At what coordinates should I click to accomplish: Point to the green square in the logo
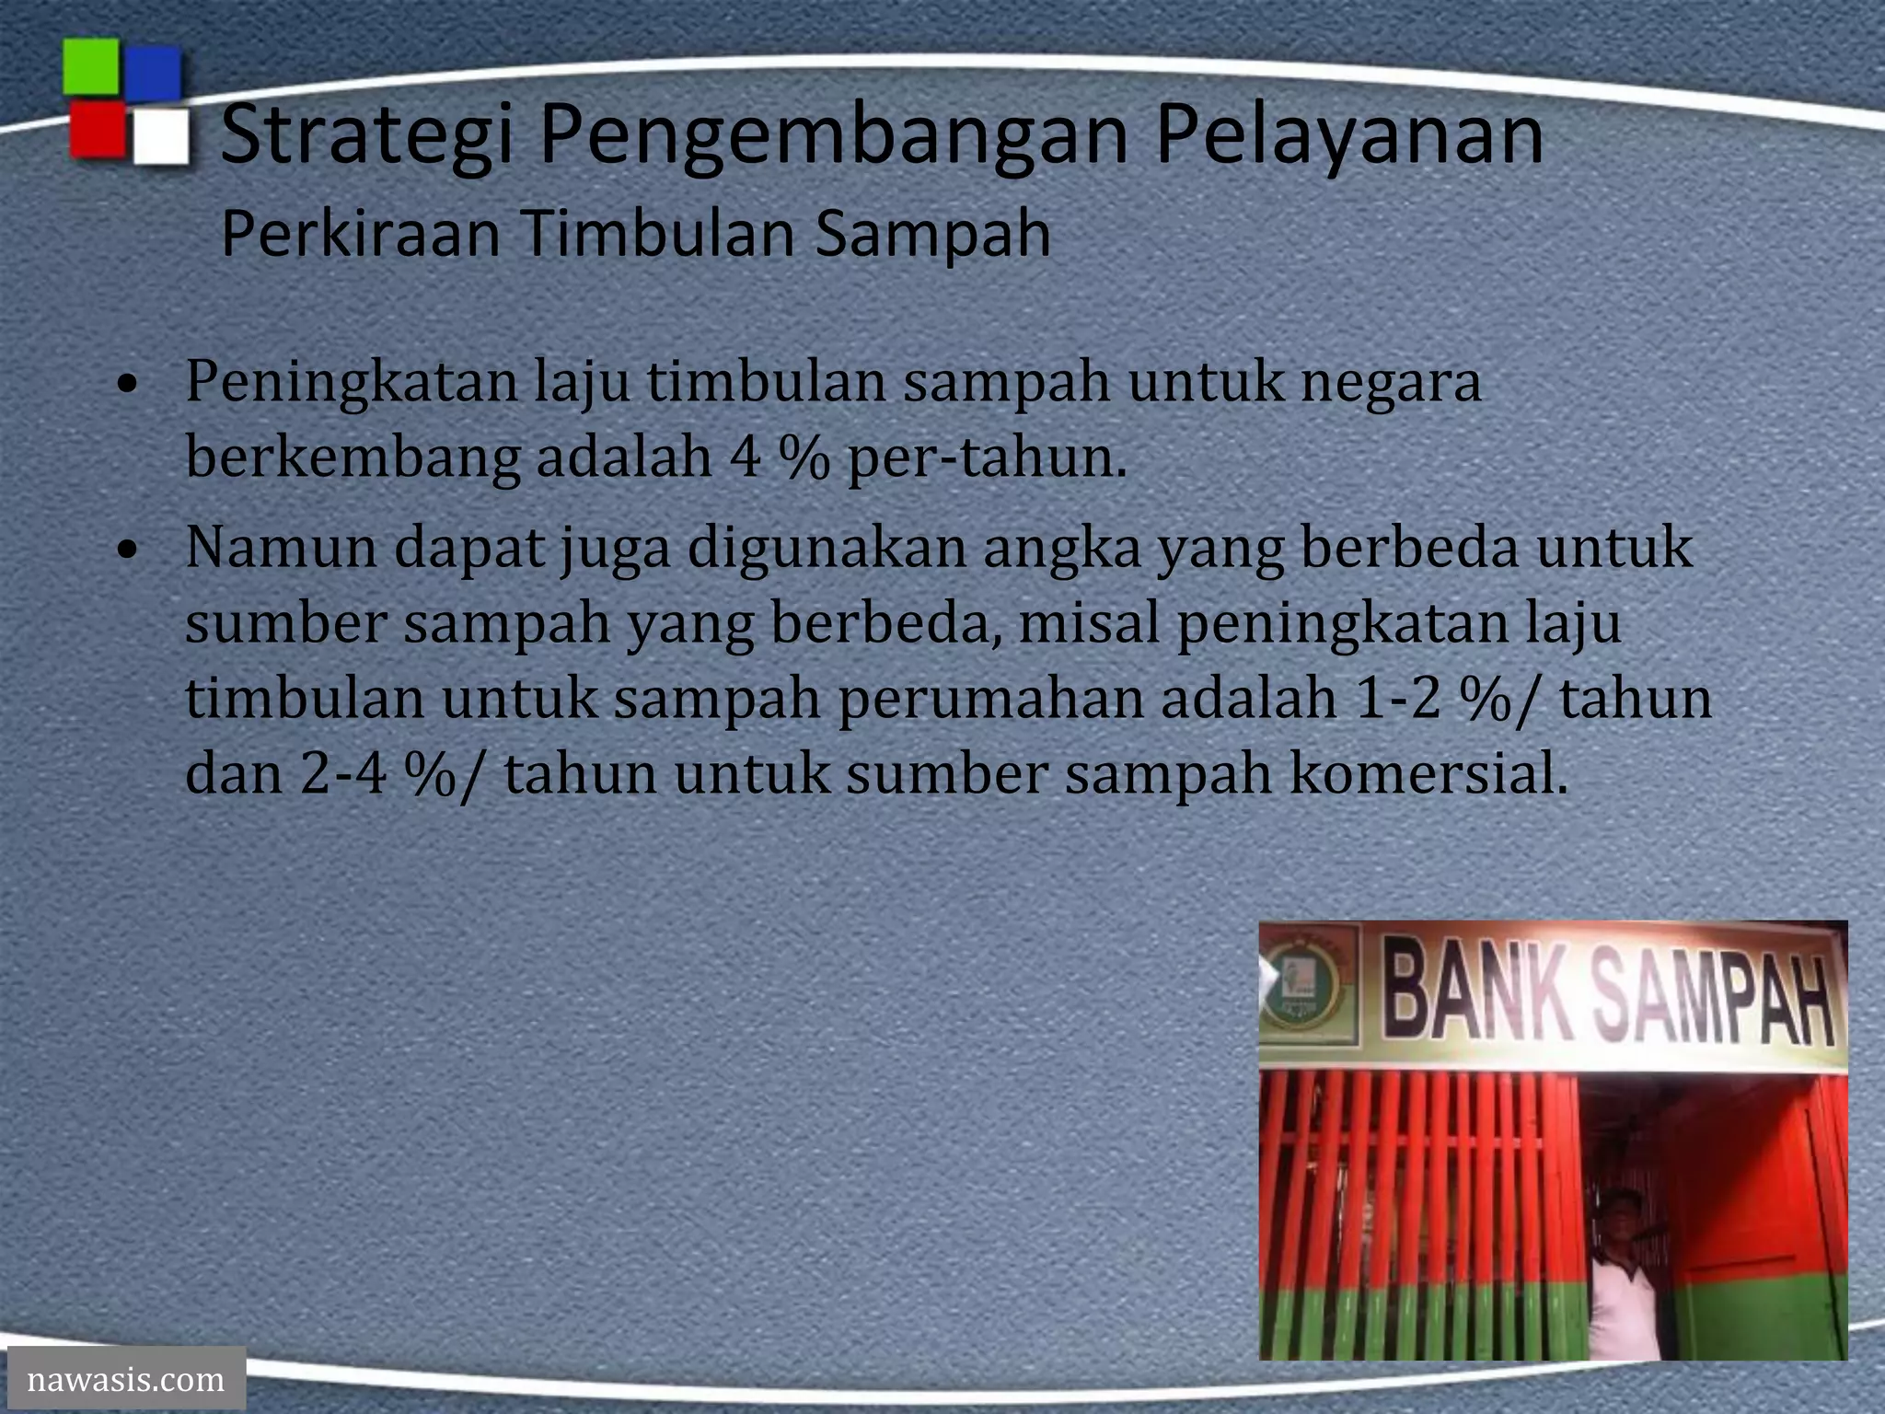pos(91,67)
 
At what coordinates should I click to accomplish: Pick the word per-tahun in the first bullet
pos(987,458)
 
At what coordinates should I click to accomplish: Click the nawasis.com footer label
pos(126,1379)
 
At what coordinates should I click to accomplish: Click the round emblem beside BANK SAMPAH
pos(1309,987)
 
